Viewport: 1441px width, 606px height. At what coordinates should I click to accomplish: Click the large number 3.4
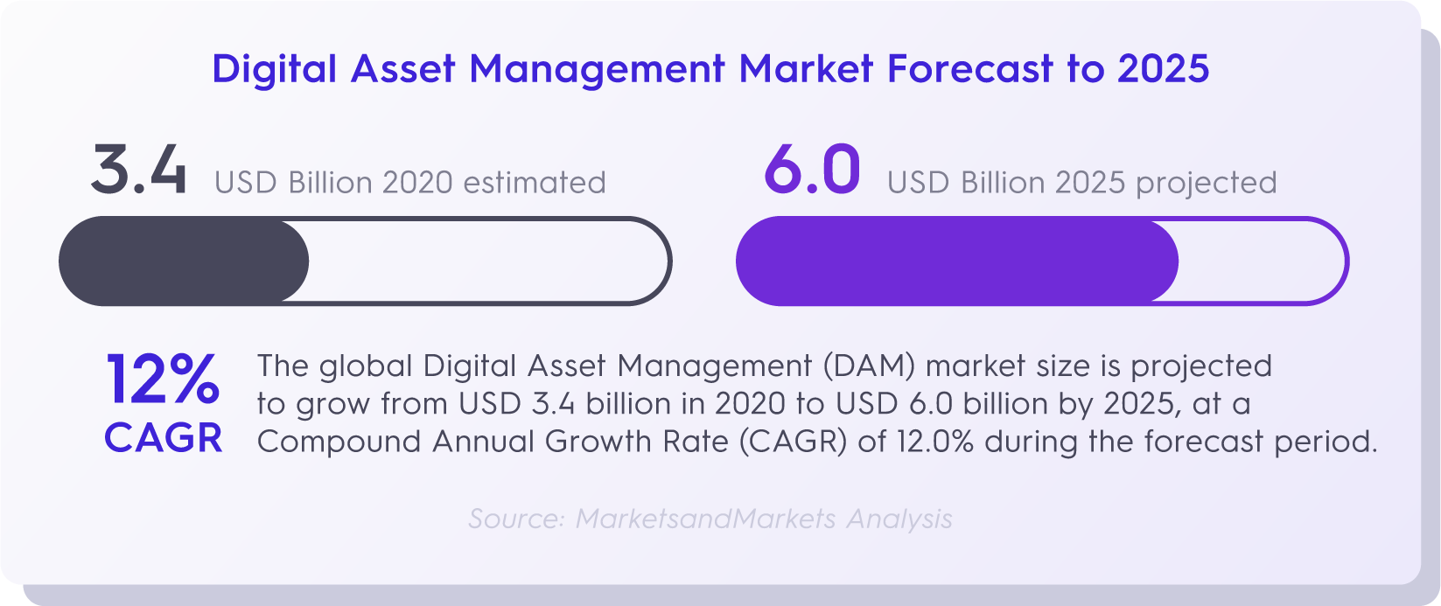139,170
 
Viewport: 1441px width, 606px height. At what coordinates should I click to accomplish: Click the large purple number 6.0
812,170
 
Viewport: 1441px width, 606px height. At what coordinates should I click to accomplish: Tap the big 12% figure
163,380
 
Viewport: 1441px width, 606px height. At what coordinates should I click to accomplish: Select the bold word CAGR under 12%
164,438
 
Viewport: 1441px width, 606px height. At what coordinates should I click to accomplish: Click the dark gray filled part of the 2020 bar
184,261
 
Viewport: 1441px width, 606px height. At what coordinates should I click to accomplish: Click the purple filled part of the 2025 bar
957,261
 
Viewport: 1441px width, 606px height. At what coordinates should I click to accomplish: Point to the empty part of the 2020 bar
489,261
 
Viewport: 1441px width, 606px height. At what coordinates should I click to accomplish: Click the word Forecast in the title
970,68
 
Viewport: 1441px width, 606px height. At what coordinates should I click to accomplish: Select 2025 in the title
1163,68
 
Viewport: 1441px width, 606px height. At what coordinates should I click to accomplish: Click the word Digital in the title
275,69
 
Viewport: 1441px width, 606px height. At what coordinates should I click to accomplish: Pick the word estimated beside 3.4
535,183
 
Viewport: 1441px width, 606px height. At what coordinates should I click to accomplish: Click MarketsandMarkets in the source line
706,519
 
